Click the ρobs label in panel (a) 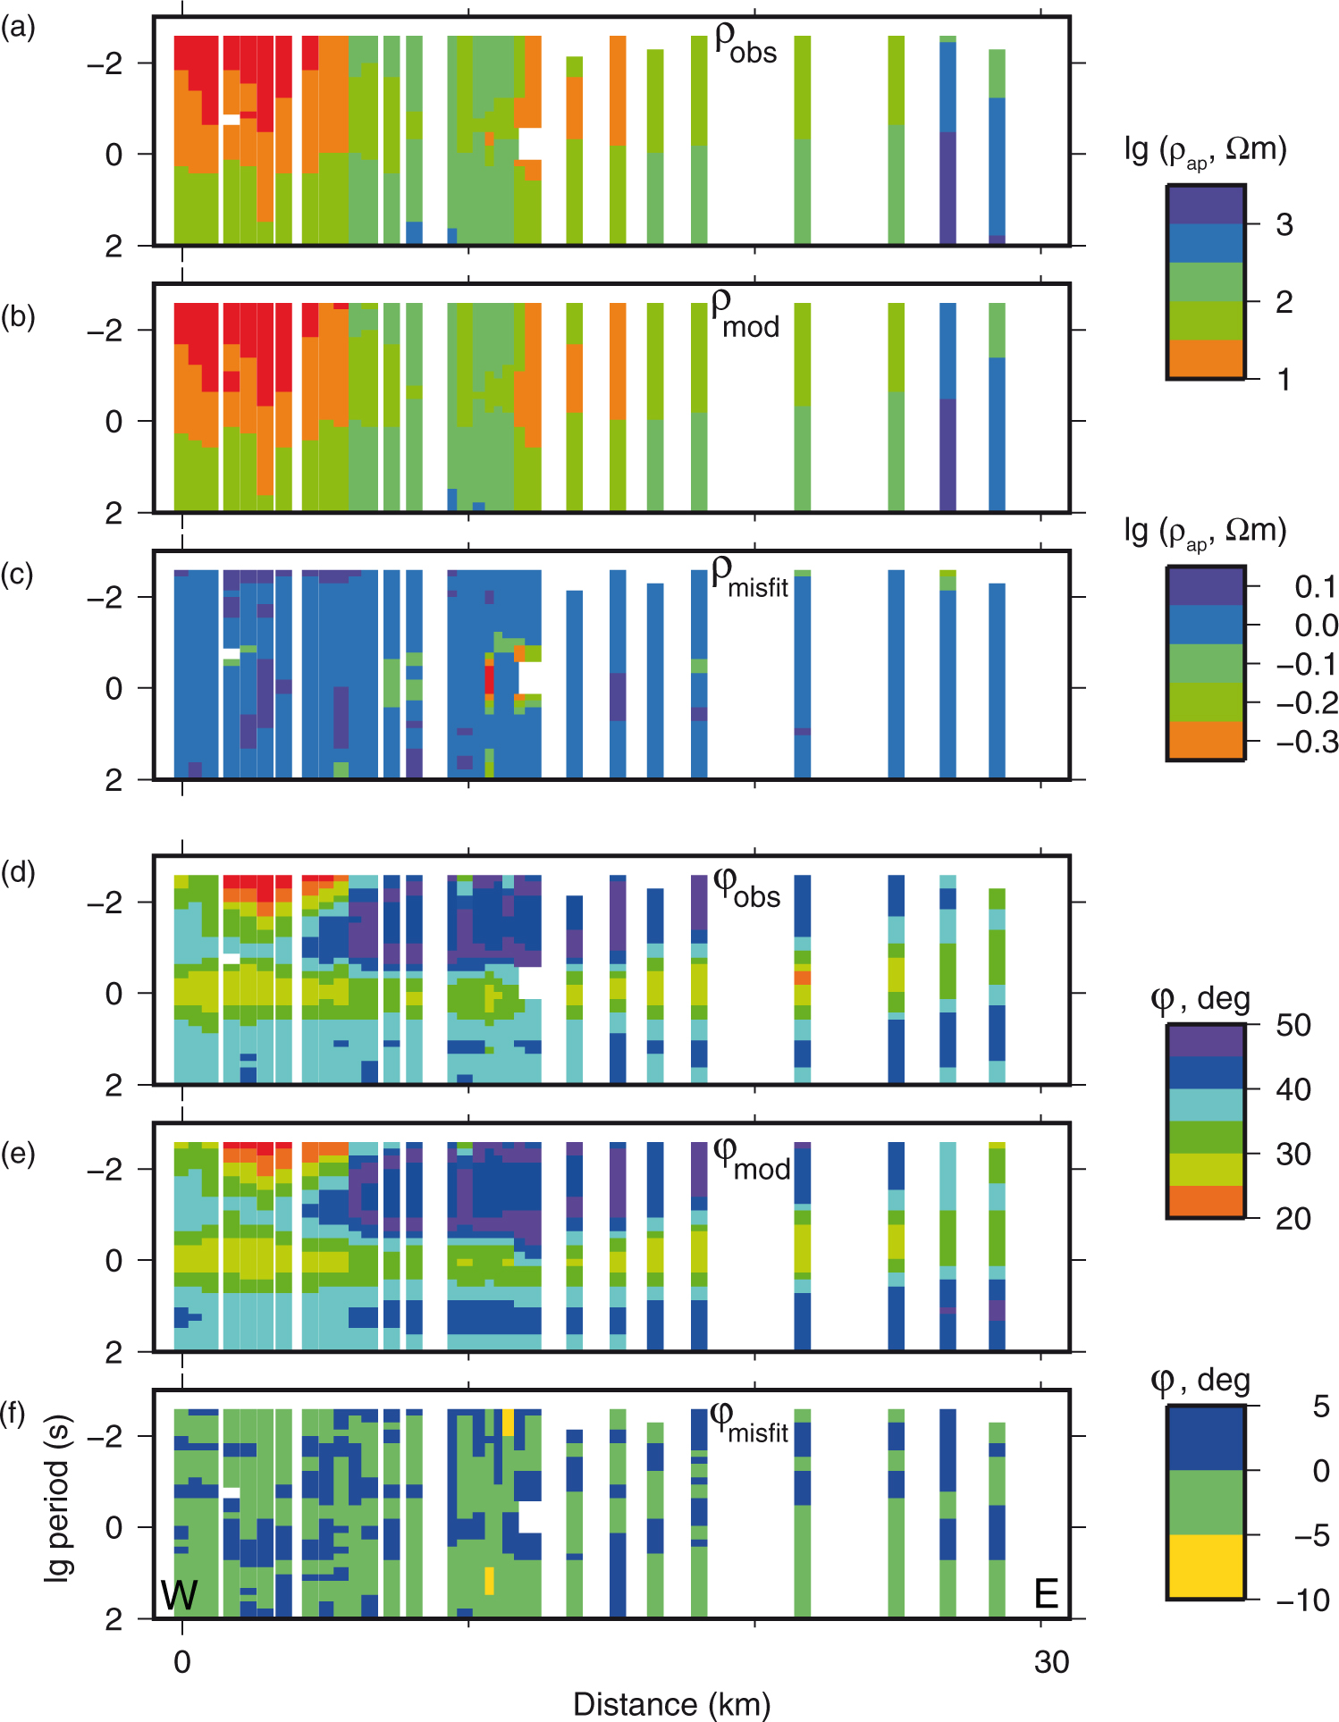[745, 45]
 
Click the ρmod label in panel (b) [745, 315]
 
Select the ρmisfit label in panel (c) [749, 577]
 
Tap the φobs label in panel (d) [747, 888]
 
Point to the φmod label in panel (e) [751, 1160]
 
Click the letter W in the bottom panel [179, 1594]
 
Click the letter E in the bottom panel [1046, 1593]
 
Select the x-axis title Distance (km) [671, 1703]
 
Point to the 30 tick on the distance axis [1051, 1661]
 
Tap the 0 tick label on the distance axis [182, 1661]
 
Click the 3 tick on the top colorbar [1284, 224]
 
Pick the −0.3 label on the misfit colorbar [1307, 742]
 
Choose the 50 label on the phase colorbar [1293, 1024]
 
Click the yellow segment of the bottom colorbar [1206, 1567]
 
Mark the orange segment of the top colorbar [1206, 358]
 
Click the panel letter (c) [18, 575]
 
